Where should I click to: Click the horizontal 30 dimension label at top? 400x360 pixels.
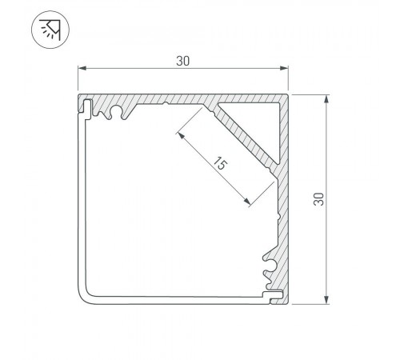pos(183,61)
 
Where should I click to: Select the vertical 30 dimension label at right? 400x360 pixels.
pos(318,199)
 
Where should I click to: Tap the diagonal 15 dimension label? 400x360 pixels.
pos(220,164)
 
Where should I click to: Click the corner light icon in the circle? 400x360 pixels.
pos(50,30)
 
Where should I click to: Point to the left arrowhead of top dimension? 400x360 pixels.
pos(82,69)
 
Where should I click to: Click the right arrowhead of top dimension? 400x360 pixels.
pos(284,69)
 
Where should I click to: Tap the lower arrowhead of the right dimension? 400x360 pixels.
pos(326,300)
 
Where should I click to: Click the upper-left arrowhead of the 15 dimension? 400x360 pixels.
pos(181,135)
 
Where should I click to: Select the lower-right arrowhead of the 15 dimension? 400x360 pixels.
pos(247,202)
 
